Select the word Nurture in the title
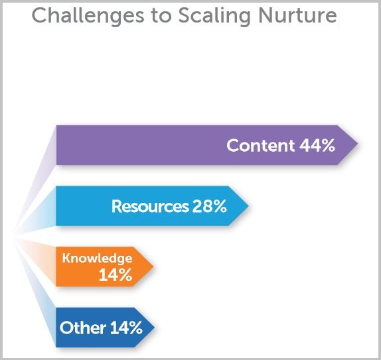pyautogui.click(x=297, y=15)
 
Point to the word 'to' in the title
pyautogui.click(x=161, y=16)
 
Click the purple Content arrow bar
pyautogui.click(x=207, y=145)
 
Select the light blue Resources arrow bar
pyautogui.click(x=153, y=206)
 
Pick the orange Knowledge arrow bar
pyautogui.click(x=105, y=267)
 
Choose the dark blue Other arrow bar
pyautogui.click(x=106, y=328)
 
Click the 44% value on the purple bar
pyautogui.click(x=317, y=145)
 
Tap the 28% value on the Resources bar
pyautogui.click(x=210, y=206)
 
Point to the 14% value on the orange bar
pyautogui.click(x=115, y=274)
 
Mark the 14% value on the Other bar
pyautogui.click(x=126, y=328)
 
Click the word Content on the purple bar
pyautogui.click(x=261, y=145)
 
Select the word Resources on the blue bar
pyautogui.click(x=150, y=206)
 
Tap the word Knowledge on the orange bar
pyautogui.click(x=97, y=259)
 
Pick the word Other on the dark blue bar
pyautogui.click(x=82, y=328)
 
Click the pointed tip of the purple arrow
pyautogui.click(x=358, y=143)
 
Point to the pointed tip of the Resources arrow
pyautogui.click(x=249, y=206)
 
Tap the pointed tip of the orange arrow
pyautogui.click(x=153, y=267)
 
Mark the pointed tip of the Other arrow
pyautogui.click(x=155, y=328)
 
